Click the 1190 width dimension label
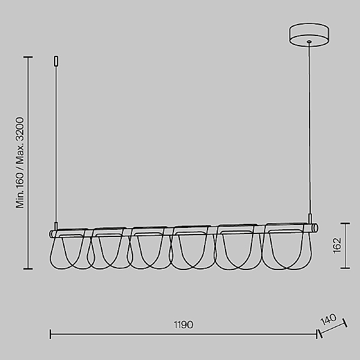(x=184, y=325)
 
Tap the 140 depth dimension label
(x=329, y=319)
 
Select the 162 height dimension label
(x=337, y=245)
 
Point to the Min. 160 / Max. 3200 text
(x=20, y=163)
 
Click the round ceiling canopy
(x=309, y=35)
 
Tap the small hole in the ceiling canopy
(x=309, y=41)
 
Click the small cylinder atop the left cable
(x=56, y=61)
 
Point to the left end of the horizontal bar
(x=51, y=234)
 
